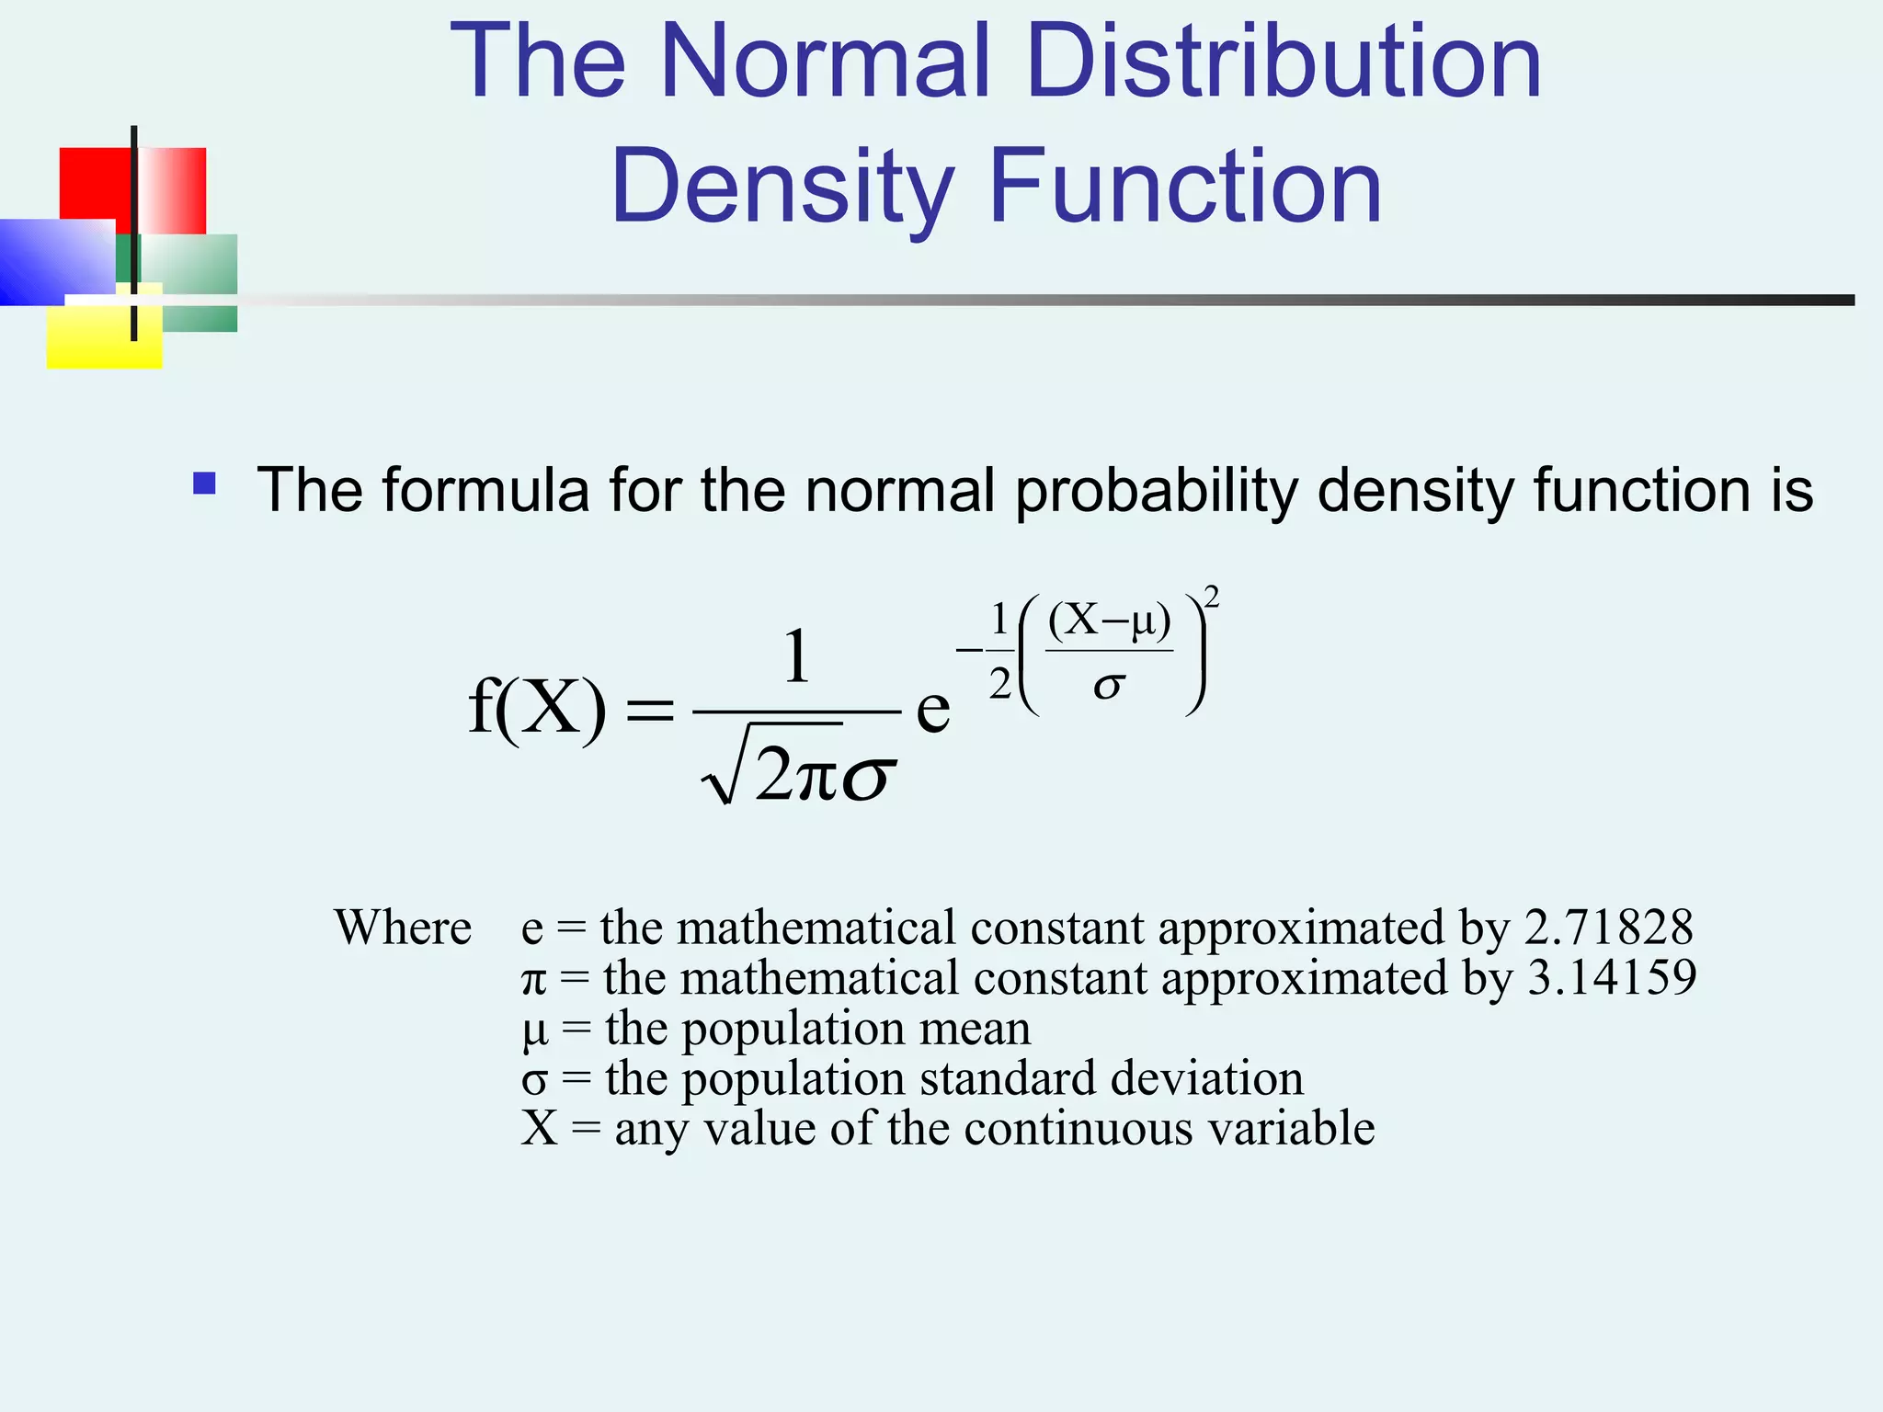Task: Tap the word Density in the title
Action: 782,188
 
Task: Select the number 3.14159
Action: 1611,977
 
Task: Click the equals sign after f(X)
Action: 649,710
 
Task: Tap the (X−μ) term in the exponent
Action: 1110,621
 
